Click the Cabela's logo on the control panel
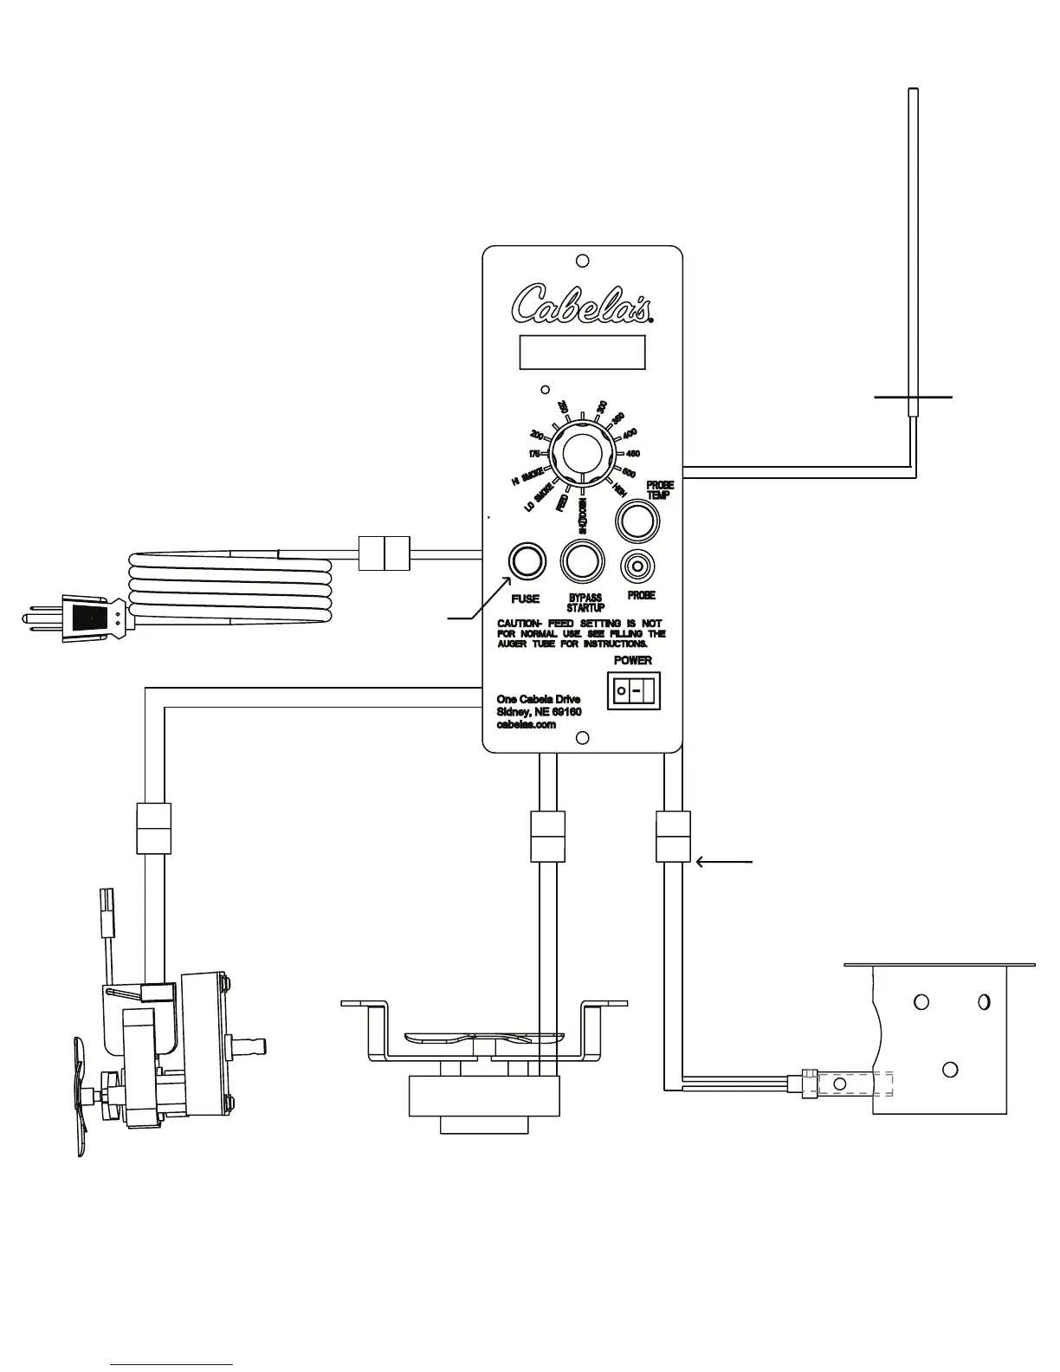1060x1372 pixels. click(x=581, y=303)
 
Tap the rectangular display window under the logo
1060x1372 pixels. click(x=582, y=353)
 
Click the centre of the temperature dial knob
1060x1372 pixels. click(x=582, y=454)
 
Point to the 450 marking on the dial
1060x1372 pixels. click(x=633, y=454)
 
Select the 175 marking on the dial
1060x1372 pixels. click(x=534, y=454)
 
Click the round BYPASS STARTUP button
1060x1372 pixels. click(x=582, y=561)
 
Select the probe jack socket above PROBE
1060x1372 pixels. click(x=638, y=566)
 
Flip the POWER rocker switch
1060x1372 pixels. click(x=633, y=691)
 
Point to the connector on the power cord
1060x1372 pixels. click(x=384, y=553)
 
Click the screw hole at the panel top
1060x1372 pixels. click(x=583, y=260)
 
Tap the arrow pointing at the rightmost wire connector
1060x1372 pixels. click(x=725, y=862)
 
